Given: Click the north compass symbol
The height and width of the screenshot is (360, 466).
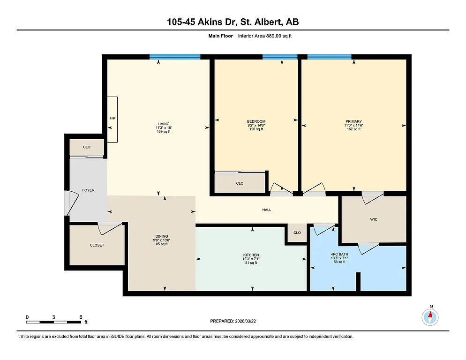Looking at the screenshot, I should tap(430, 317).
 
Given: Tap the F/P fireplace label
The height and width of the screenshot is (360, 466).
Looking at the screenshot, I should tap(112, 119).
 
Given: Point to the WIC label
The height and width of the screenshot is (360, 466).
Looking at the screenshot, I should tap(374, 219).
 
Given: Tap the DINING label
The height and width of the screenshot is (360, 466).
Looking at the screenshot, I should tap(162, 236).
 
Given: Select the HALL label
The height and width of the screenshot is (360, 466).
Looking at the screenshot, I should tap(266, 210).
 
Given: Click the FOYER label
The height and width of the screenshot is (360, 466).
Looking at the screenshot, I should tap(88, 190).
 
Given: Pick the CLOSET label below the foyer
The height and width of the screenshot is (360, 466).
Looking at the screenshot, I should tap(97, 245).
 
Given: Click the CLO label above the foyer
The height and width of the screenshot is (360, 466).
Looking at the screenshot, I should tap(87, 147).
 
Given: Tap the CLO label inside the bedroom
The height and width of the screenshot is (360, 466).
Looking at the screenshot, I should tap(240, 183).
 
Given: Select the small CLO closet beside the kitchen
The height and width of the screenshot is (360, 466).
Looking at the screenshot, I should tap(297, 232).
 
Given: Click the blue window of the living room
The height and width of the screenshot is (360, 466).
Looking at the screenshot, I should tap(175, 57).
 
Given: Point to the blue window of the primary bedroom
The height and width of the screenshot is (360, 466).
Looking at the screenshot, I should tap(329, 57).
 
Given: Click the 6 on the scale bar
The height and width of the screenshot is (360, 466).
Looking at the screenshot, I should tap(81, 317).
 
